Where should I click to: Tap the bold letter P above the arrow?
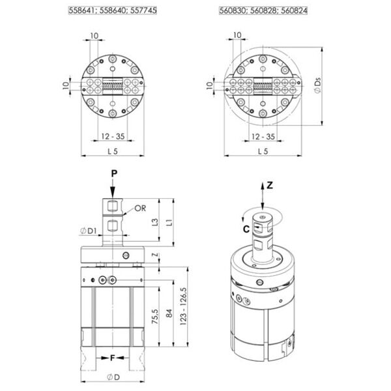pos(114,173)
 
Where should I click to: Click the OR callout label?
pos(140,209)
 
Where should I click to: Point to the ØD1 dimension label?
pos(88,231)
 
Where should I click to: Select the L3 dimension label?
pos(155,222)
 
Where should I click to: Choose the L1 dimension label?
pos(169,222)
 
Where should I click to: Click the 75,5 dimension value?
pos(155,317)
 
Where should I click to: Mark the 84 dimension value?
pos(169,313)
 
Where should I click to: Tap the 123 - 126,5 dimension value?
pos(183,306)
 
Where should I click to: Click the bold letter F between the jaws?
pos(113,358)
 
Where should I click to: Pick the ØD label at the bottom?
pos(113,377)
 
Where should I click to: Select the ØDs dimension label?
pos(317,85)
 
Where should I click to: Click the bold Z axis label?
pos(270,186)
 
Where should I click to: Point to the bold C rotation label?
pos(246,229)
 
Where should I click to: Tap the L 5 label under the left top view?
pos(113,151)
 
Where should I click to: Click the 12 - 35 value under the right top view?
pos(263,137)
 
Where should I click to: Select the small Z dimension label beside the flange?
pos(155,255)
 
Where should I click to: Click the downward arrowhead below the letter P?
pos(113,194)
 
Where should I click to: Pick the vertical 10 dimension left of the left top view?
pos(66,85)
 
